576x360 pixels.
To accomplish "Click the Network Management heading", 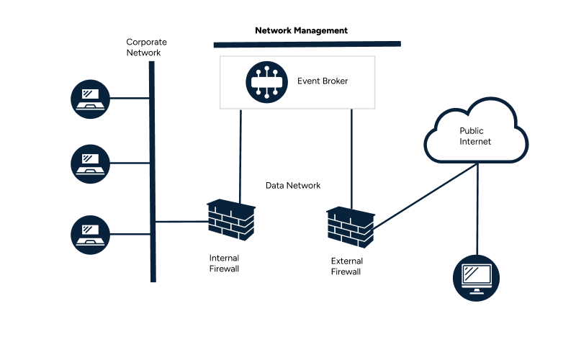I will [301, 31].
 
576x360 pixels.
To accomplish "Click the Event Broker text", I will [323, 81].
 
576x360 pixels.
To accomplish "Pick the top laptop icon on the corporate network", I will [91, 97].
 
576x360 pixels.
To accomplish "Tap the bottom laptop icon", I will [91, 233].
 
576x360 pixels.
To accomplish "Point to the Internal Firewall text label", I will [224, 264].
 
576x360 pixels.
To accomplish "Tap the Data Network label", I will [293, 186].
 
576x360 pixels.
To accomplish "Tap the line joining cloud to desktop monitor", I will [477, 209].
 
